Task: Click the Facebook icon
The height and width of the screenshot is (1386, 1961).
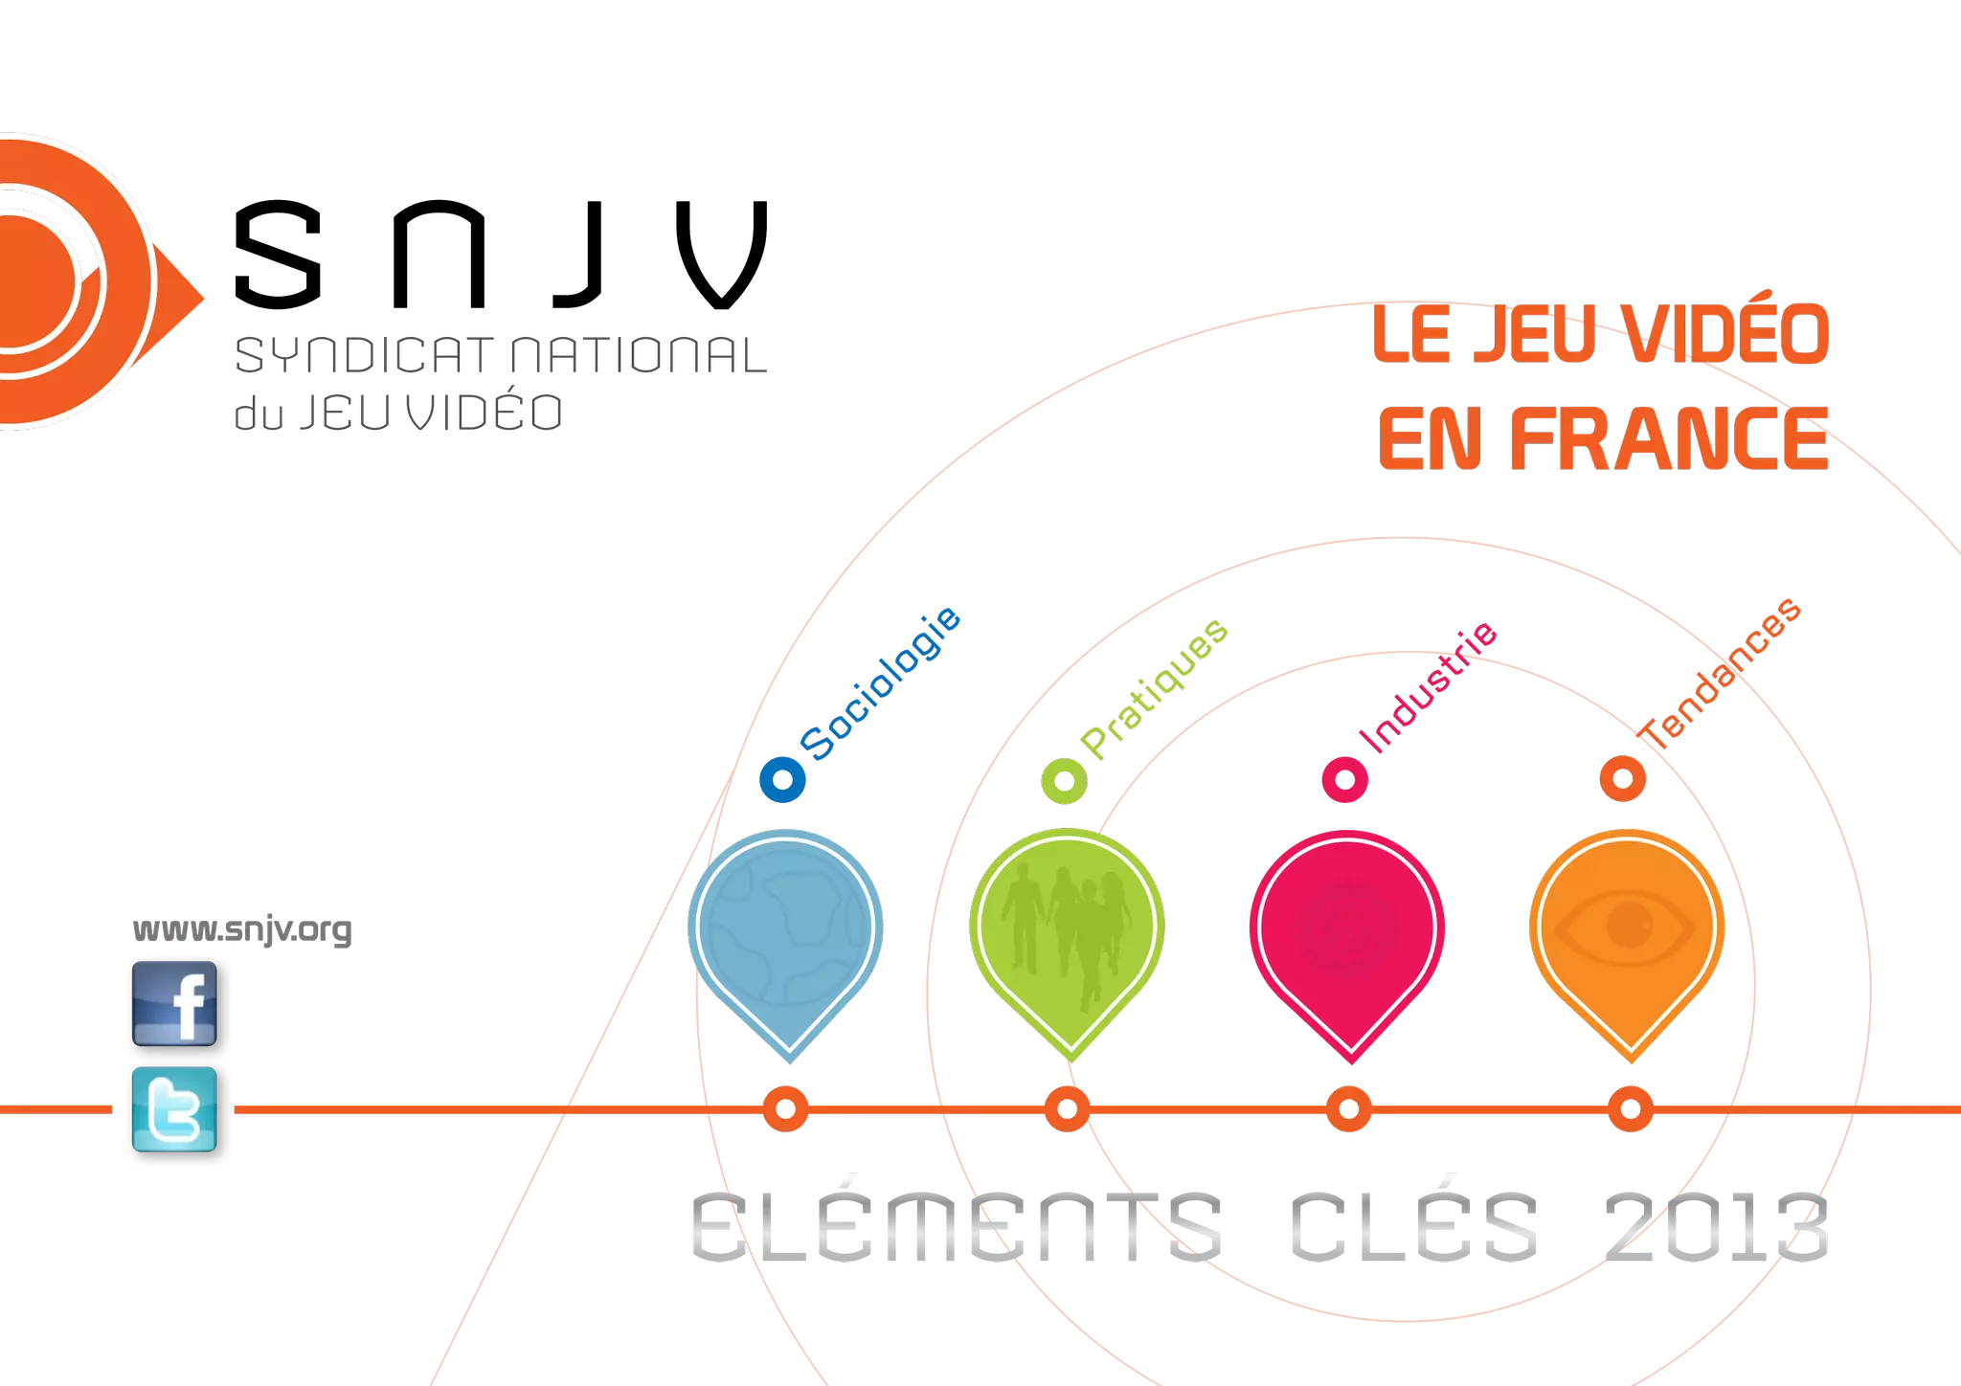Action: tap(174, 1002)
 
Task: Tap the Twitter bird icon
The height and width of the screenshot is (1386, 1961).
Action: tap(174, 1108)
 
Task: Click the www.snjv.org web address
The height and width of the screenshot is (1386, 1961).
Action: tap(241, 929)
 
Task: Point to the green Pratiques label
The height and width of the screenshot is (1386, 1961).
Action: tap(1154, 689)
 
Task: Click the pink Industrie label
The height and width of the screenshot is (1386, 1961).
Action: tap(1429, 687)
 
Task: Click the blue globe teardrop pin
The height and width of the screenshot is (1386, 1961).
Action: tap(785, 933)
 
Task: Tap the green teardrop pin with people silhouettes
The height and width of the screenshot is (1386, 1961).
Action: tap(1067, 933)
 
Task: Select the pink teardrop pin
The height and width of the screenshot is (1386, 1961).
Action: tap(1347, 933)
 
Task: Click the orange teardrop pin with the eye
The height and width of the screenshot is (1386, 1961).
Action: tap(1628, 933)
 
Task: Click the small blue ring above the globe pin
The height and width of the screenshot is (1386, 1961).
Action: tap(782, 779)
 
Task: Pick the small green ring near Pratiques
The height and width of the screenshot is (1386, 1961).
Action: tap(1064, 780)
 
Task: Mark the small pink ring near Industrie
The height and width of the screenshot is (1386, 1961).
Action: tap(1344, 779)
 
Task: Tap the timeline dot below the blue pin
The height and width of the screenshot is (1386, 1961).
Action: tap(785, 1109)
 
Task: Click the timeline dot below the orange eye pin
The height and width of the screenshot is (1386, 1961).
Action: tap(1630, 1109)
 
